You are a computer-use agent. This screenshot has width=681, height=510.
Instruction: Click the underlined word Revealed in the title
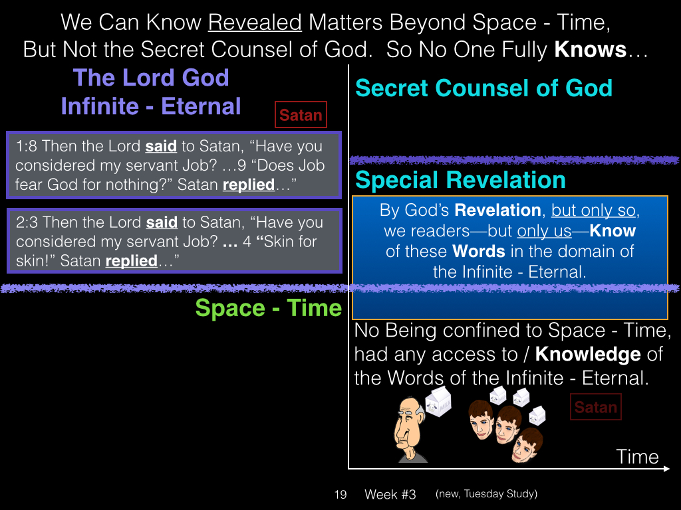[255, 23]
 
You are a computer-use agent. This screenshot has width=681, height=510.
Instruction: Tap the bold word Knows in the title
[591, 49]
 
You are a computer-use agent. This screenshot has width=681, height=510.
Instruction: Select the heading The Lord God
[151, 78]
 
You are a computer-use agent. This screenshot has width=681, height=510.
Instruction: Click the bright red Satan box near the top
[301, 115]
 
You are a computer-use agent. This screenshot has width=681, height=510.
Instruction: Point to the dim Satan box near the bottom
[595, 407]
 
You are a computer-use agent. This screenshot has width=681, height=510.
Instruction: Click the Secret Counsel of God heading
[484, 88]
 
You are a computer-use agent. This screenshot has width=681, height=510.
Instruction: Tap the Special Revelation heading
[460, 180]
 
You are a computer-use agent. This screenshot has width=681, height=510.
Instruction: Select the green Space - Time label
[269, 308]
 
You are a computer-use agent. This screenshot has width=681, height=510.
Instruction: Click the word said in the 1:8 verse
[161, 146]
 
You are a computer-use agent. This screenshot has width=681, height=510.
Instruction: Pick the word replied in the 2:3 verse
[131, 261]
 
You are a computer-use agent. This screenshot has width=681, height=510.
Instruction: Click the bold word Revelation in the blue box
[497, 211]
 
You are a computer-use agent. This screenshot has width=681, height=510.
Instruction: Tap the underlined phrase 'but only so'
[593, 211]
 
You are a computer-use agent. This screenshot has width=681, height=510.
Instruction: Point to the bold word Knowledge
[588, 355]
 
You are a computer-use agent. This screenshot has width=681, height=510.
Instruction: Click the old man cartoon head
[409, 429]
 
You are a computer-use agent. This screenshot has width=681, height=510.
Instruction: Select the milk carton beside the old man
[438, 402]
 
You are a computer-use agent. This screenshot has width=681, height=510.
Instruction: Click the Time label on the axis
[637, 457]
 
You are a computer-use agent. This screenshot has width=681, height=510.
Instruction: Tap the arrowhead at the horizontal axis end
[666, 469]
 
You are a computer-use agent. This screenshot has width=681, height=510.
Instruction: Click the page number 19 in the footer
[340, 494]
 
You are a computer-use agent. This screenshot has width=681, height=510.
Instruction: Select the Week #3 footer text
[390, 494]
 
